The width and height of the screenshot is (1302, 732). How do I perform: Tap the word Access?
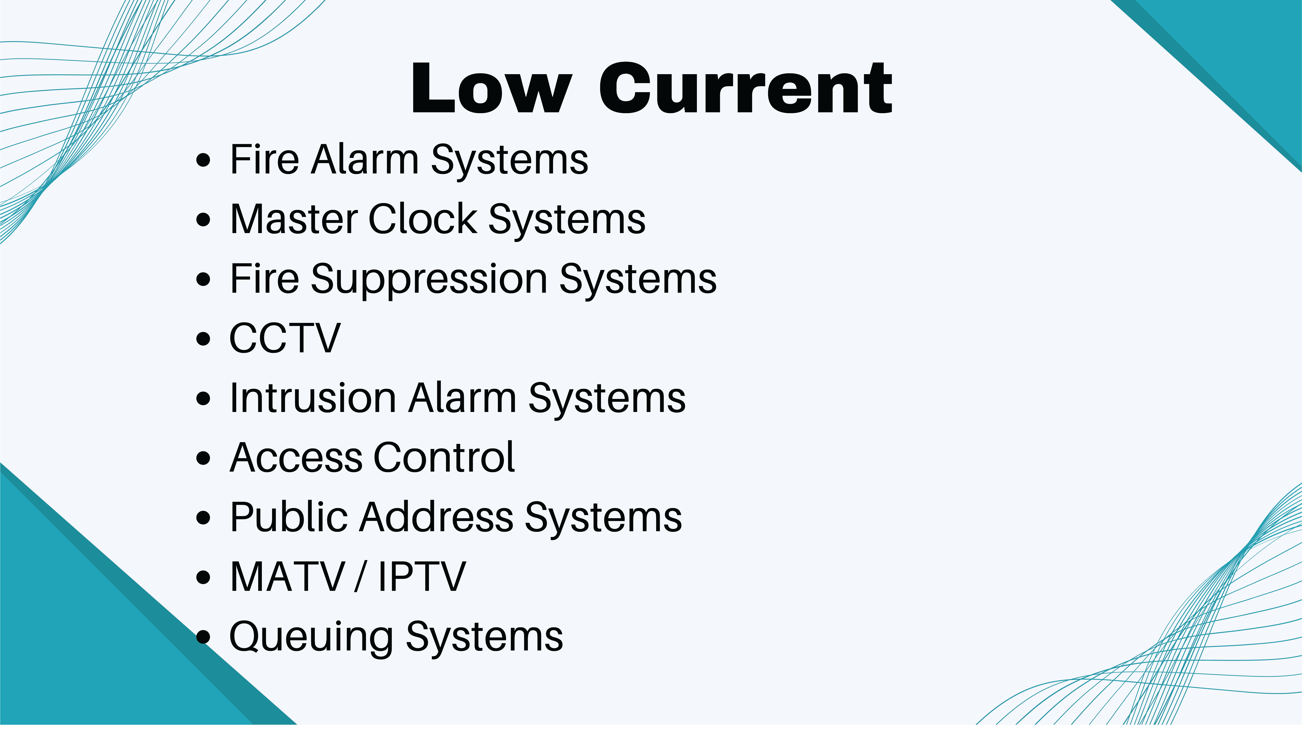pos(296,458)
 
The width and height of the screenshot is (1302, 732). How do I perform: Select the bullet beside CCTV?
pos(203,339)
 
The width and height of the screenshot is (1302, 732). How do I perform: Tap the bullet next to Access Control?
pos(203,458)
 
